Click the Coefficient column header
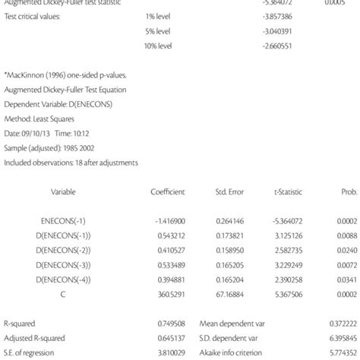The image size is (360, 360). pos(168,191)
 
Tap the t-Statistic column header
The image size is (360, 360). pos(285,191)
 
